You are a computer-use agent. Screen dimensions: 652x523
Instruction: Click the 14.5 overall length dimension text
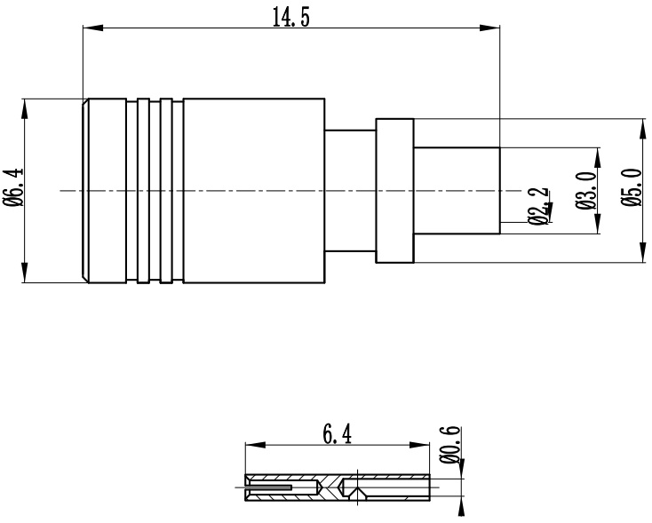290,18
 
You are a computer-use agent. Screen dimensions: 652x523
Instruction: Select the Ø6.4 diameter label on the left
13,187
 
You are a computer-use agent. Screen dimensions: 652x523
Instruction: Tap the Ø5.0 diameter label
632,187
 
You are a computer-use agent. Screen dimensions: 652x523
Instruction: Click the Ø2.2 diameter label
538,206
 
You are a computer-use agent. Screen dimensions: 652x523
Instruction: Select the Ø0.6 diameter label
450,445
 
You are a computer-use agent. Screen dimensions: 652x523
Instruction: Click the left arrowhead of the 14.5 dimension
93,28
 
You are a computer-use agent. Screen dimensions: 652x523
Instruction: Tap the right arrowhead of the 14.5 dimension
489,28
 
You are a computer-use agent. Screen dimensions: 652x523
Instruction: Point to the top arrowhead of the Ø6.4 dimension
25,109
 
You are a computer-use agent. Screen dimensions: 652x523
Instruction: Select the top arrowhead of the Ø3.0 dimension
598,157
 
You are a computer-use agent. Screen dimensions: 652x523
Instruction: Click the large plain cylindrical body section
254,191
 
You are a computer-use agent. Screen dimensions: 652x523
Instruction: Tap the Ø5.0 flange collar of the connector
395,191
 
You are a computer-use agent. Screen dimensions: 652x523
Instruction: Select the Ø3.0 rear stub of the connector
457,191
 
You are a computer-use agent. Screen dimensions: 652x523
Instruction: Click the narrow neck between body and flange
350,191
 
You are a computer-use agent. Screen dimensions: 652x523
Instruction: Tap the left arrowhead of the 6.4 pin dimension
255,445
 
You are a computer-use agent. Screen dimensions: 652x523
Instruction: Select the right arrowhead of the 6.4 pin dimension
419,445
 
